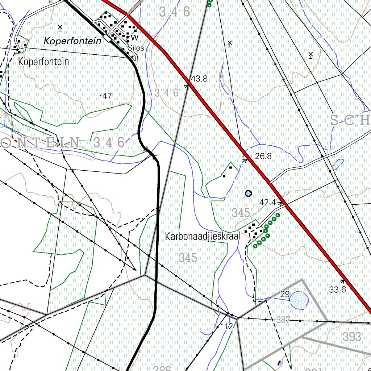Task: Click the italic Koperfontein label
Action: (72, 41)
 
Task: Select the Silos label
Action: (136, 48)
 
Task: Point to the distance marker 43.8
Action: (199, 79)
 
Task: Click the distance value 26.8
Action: (263, 157)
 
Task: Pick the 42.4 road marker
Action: (268, 203)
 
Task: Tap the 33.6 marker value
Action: (337, 289)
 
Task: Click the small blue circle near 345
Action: (248, 193)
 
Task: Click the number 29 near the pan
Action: (285, 294)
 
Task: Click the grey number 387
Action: (283, 320)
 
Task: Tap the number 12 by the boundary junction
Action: (228, 326)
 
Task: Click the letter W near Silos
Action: (135, 38)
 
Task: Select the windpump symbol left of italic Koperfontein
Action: (60, 28)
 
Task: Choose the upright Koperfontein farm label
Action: (43, 62)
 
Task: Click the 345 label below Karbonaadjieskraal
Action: (188, 258)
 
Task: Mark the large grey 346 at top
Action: (175, 12)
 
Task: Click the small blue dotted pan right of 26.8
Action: (338, 164)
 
